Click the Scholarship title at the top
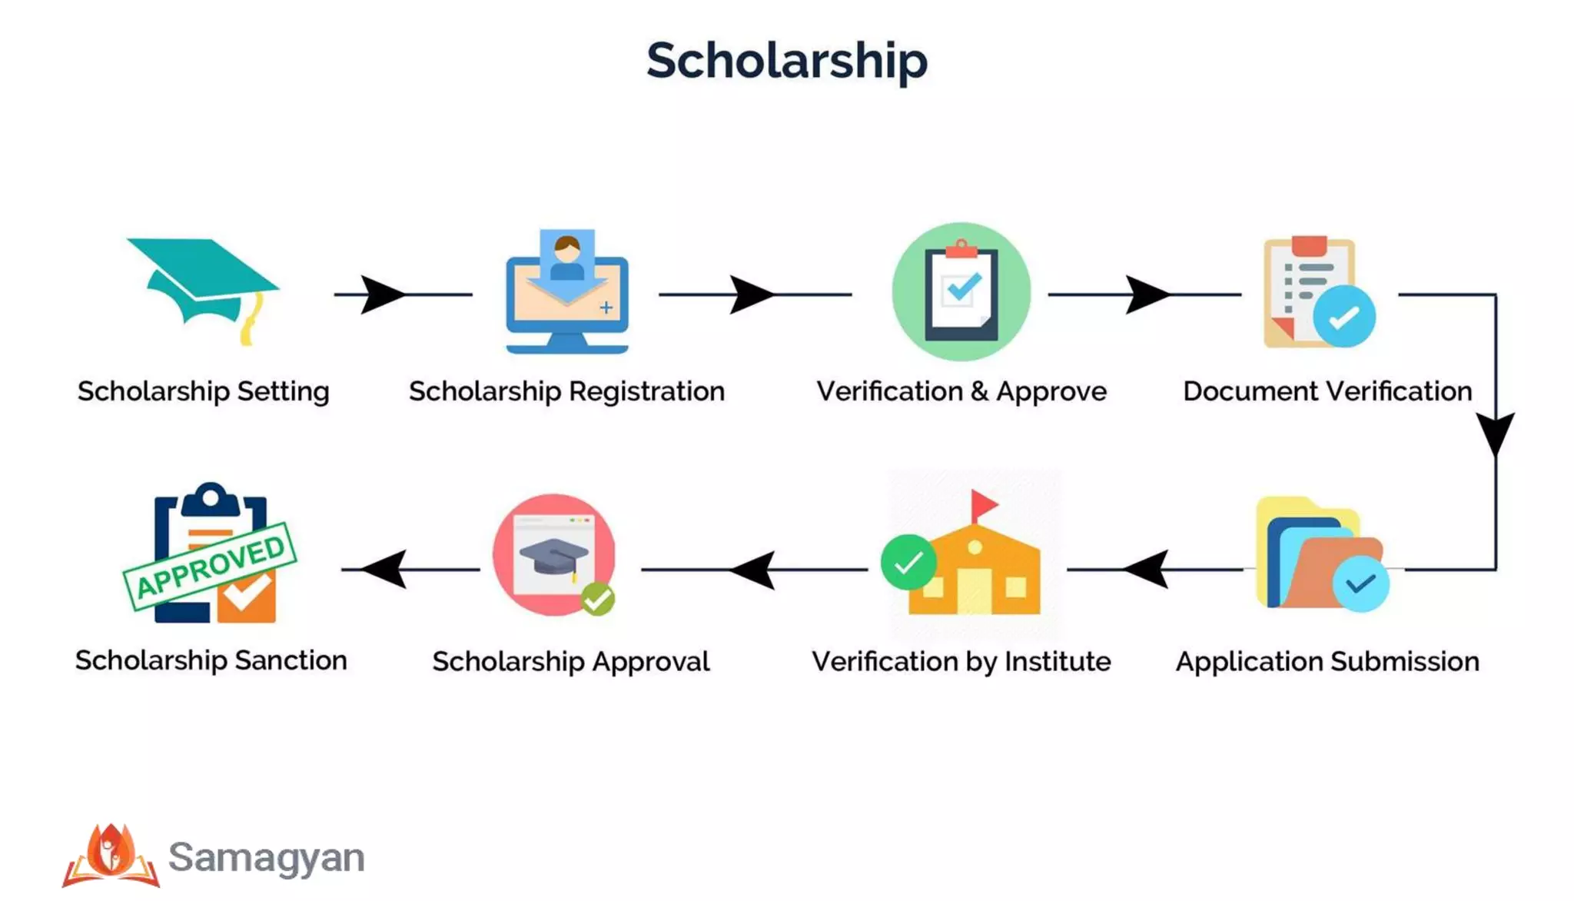(x=786, y=60)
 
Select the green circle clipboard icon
(x=961, y=292)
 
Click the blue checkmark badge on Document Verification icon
(x=1343, y=317)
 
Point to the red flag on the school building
(x=984, y=505)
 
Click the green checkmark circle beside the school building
(x=908, y=562)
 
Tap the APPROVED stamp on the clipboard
(x=210, y=565)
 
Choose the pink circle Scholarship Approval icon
(x=554, y=554)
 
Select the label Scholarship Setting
(x=204, y=391)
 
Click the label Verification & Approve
(x=961, y=391)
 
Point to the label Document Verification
(x=1327, y=391)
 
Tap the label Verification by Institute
(x=961, y=661)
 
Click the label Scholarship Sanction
(x=211, y=660)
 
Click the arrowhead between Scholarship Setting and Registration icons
(x=381, y=294)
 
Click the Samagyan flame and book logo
(x=111, y=855)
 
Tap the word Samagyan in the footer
(x=266, y=857)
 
